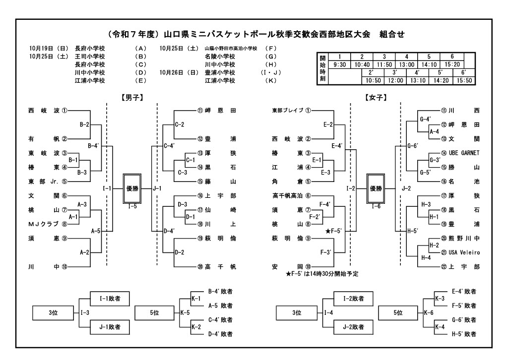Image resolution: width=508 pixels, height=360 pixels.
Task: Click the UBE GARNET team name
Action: pos(464,153)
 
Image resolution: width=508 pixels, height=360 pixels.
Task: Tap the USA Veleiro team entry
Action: pos(464,252)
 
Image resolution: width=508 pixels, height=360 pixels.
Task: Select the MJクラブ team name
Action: pos(44,224)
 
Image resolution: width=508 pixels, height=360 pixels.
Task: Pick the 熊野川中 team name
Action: pos(464,239)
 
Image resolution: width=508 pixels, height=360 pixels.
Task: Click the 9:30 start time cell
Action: pos(339,64)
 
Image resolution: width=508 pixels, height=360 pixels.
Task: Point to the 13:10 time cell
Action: pos(406,80)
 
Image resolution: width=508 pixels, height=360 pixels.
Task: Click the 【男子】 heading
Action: pos(132,98)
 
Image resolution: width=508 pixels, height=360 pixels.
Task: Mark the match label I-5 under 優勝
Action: pos(132,206)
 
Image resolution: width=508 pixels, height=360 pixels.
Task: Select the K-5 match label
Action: pos(185,313)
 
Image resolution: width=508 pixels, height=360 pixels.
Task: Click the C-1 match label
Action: pos(190,161)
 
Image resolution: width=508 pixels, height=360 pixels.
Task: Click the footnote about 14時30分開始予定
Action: pos(322,274)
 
